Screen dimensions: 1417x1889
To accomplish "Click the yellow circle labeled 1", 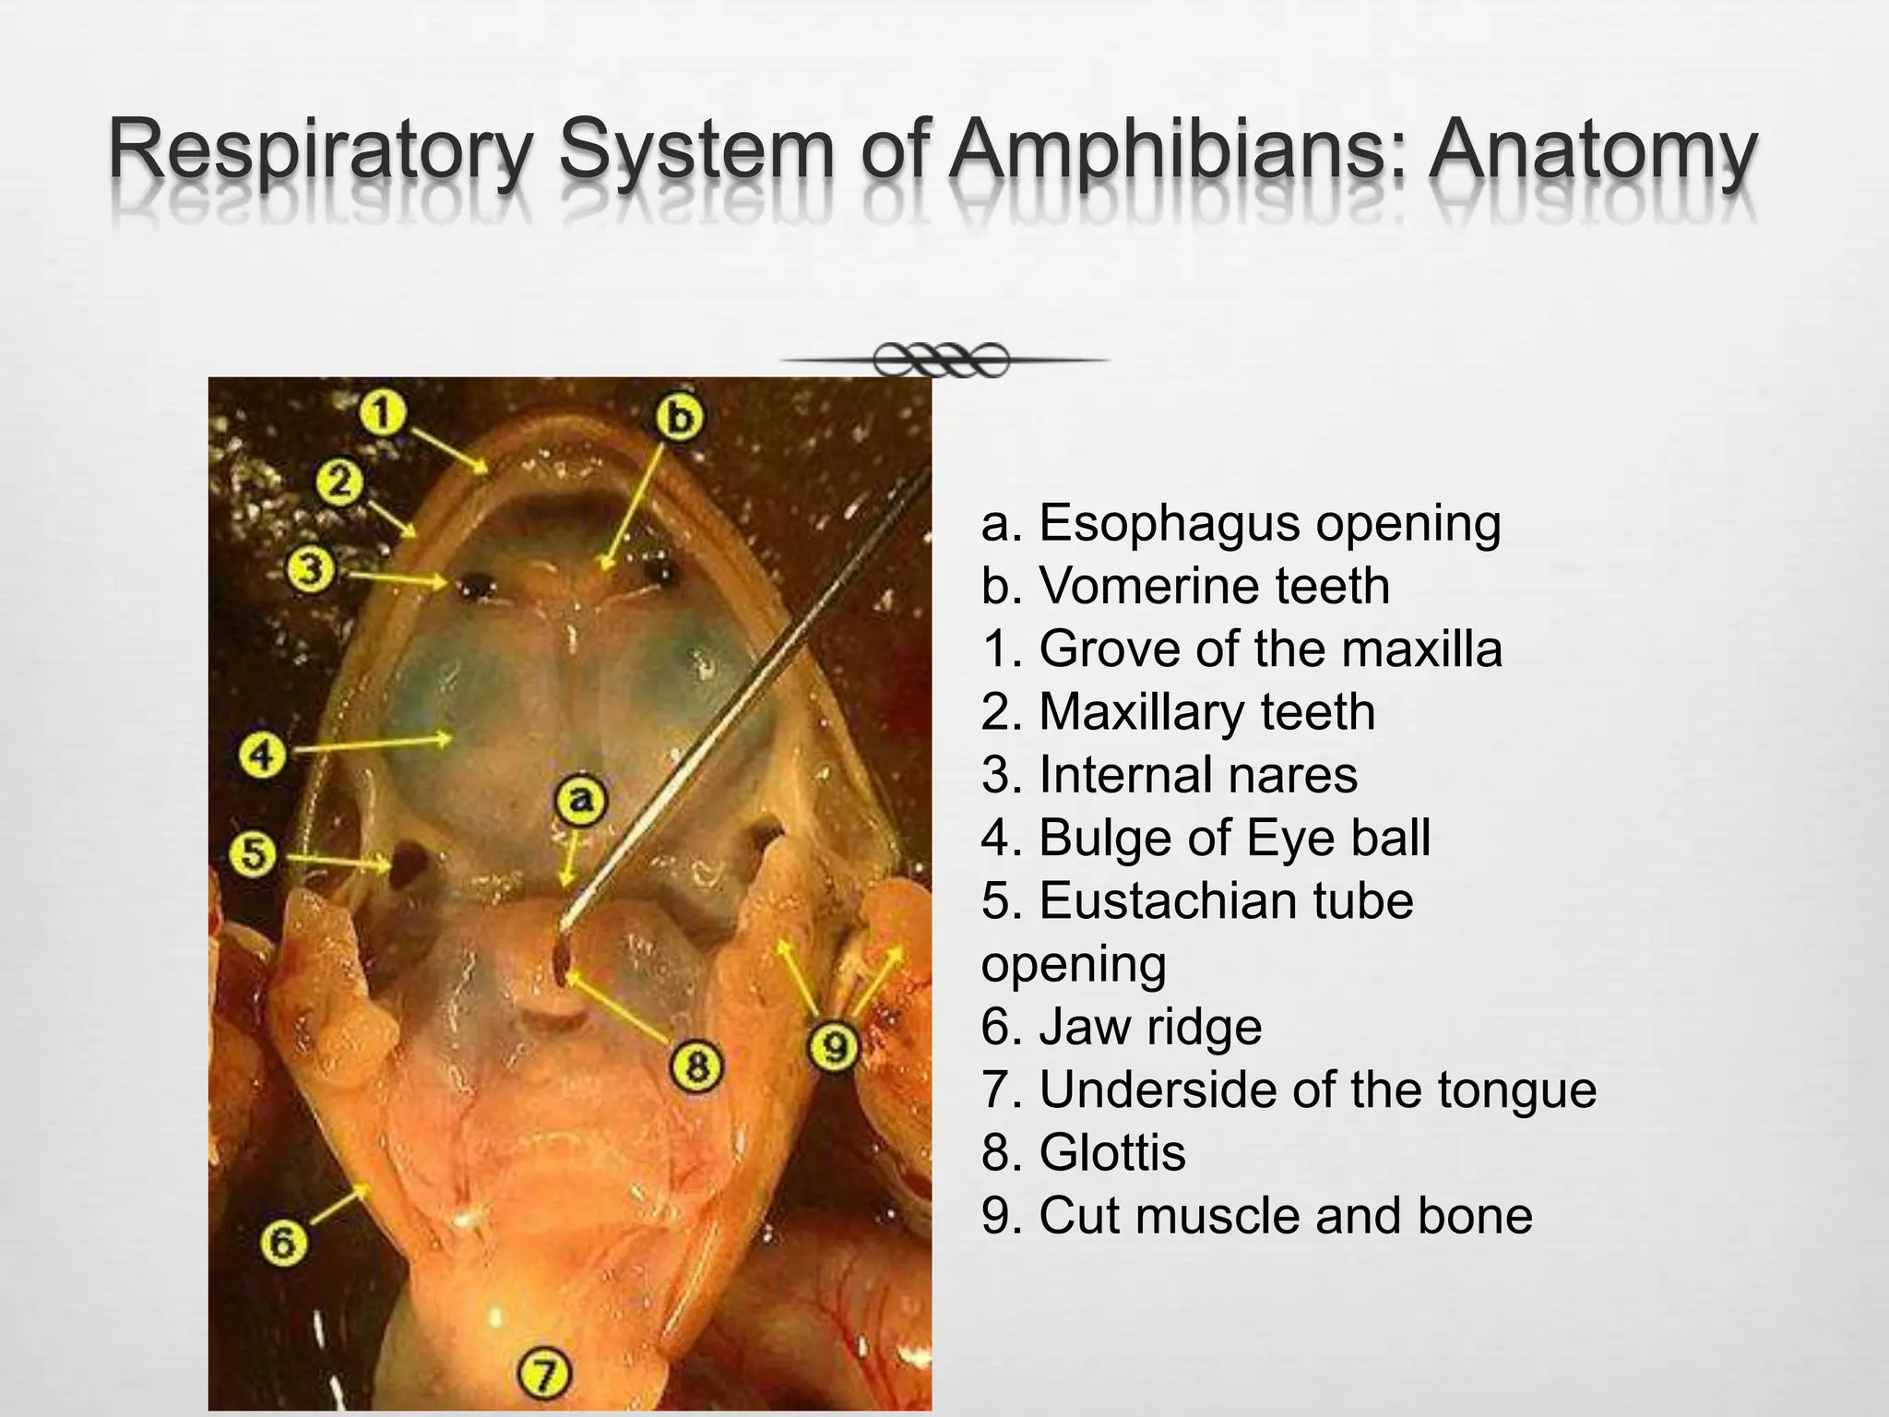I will [382, 411].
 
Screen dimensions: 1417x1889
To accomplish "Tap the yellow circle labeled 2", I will [339, 482].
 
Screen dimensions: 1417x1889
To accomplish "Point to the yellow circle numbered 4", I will [263, 756].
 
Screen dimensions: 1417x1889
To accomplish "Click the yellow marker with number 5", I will [254, 853].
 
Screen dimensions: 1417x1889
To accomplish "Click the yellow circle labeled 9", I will [834, 1046].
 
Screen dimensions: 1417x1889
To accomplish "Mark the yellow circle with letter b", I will [679, 418].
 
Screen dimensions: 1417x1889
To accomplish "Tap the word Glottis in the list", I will [1111, 1152].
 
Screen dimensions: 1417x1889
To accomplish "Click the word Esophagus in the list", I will [1168, 523].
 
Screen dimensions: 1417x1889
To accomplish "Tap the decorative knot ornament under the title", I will [941, 360].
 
